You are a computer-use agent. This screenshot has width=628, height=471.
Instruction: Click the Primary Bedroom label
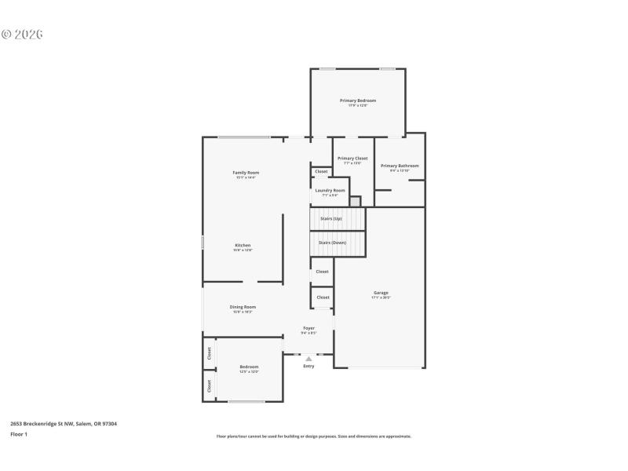(x=357, y=100)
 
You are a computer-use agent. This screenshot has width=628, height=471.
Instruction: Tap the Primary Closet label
(x=352, y=159)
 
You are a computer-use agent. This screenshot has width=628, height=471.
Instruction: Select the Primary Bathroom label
(x=400, y=166)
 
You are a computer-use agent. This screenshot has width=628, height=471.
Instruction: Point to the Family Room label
(x=246, y=173)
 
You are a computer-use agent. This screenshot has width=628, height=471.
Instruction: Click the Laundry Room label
(x=330, y=191)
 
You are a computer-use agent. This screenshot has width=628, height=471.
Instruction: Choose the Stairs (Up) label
(x=331, y=218)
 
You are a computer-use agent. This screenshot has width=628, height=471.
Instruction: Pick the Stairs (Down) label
(x=332, y=243)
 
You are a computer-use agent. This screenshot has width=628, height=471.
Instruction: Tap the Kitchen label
(x=243, y=246)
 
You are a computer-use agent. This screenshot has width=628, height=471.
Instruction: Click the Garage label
(x=381, y=293)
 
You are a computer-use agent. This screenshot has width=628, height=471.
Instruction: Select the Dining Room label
(x=243, y=307)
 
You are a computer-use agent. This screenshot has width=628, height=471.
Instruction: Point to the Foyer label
(x=309, y=328)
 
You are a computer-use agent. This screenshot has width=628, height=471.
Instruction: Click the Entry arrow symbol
(x=309, y=359)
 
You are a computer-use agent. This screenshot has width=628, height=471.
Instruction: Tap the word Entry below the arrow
(x=309, y=367)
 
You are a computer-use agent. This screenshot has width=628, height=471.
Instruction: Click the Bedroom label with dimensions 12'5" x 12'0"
(x=249, y=367)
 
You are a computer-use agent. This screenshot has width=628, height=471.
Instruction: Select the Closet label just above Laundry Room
(x=322, y=171)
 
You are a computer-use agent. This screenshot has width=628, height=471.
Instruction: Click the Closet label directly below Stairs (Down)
(x=323, y=272)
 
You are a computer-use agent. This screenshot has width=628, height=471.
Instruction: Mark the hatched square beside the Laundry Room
(x=355, y=202)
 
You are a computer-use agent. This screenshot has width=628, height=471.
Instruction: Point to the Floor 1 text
(x=19, y=433)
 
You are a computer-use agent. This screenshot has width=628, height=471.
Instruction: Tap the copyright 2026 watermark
(x=22, y=35)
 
